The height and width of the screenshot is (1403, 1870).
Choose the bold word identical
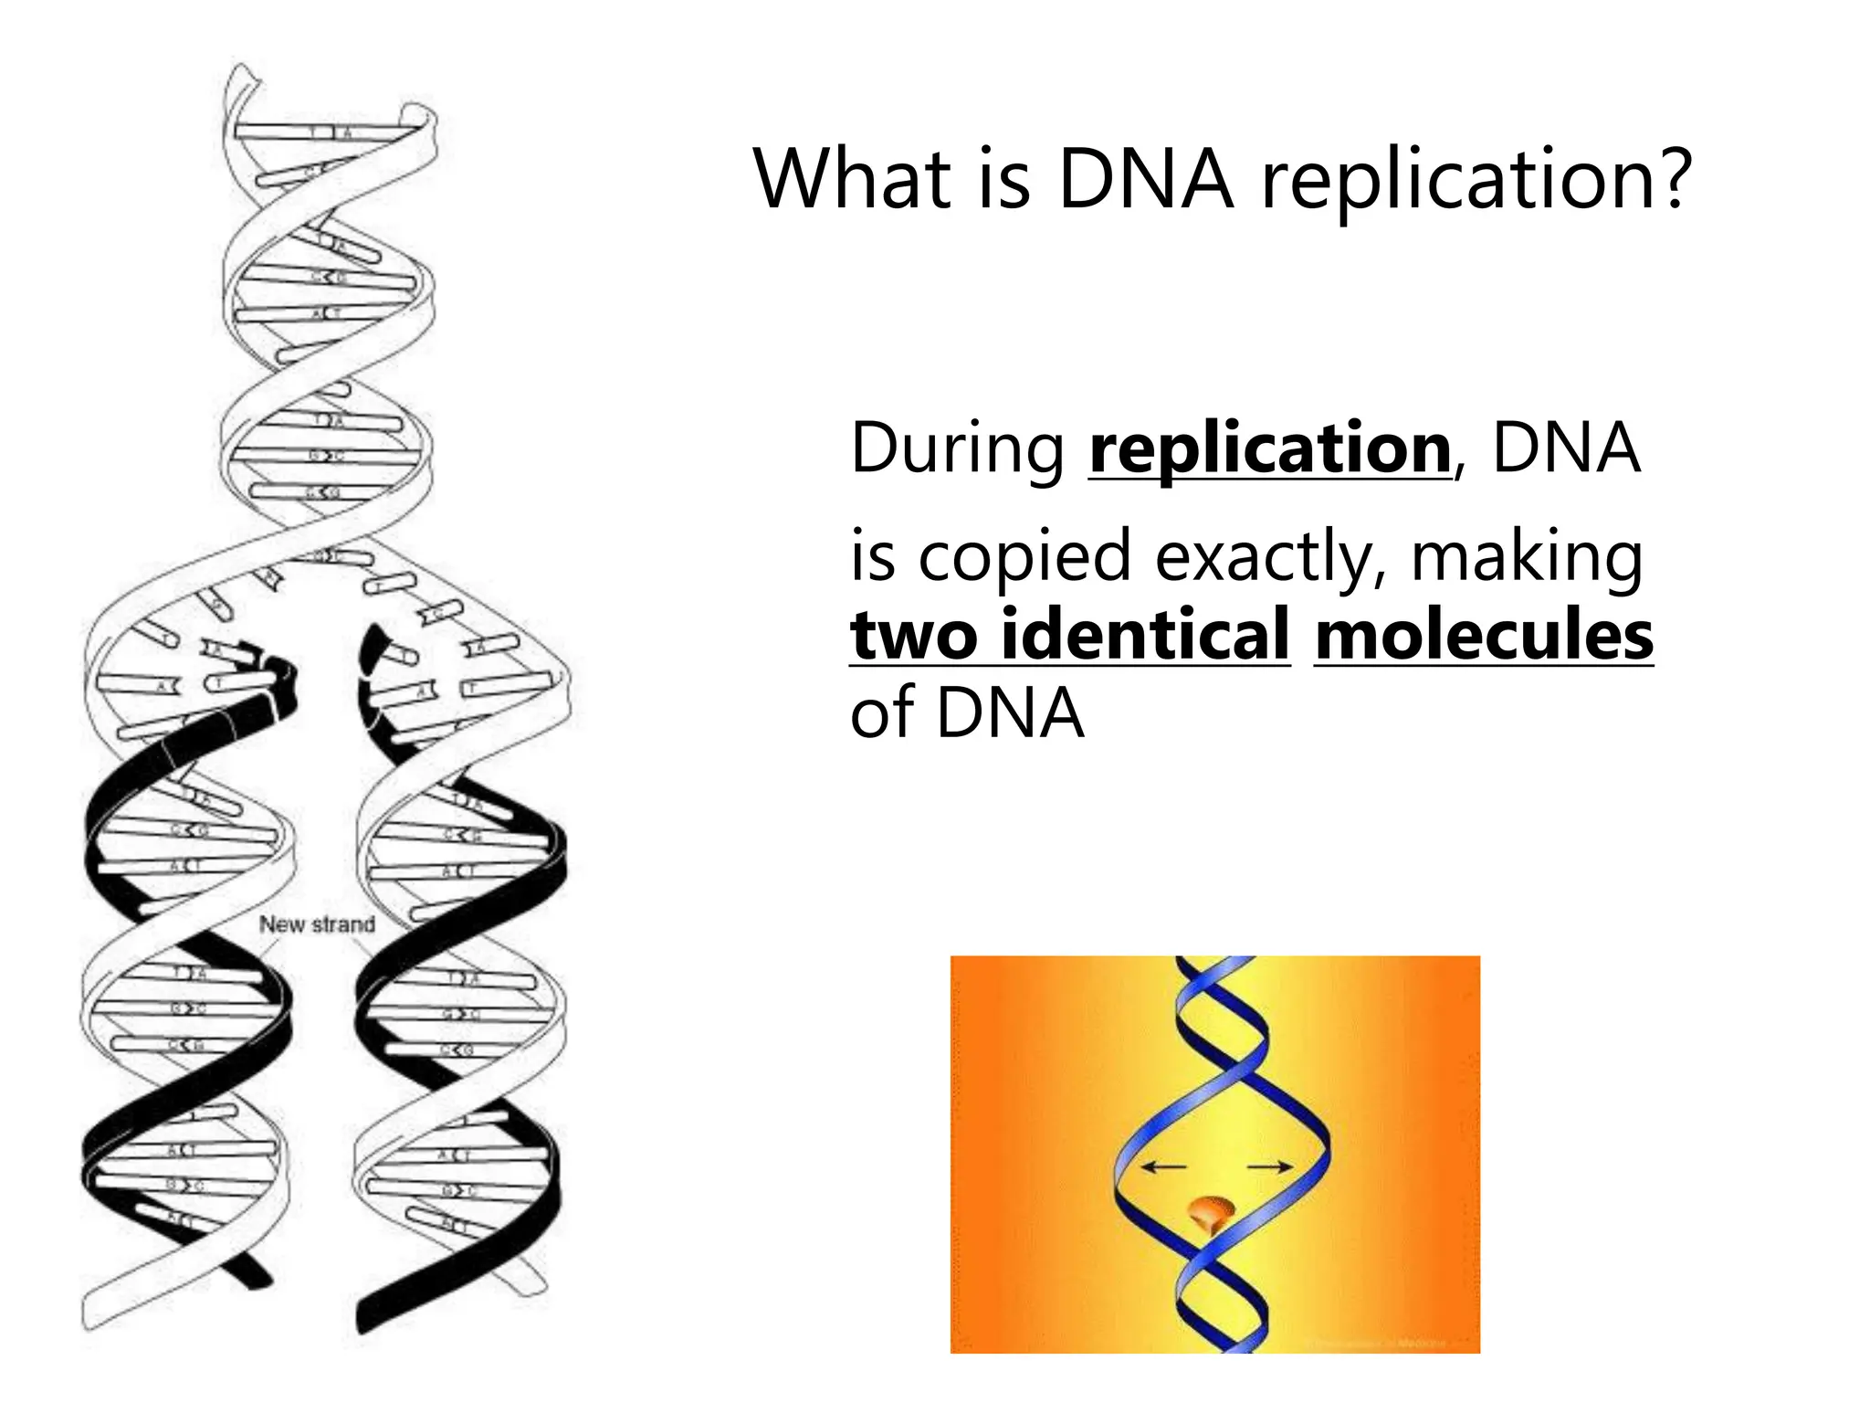(1145, 635)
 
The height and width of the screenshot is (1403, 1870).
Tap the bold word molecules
(1484, 635)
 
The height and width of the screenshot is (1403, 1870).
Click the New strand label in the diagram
(317, 924)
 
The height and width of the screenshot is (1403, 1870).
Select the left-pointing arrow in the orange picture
(1164, 1166)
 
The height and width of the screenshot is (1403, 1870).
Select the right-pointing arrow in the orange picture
(1270, 1166)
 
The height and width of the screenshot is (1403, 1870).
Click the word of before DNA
(882, 713)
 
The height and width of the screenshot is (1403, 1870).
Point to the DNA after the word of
(1010, 713)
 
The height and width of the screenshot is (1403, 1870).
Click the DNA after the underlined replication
(1565, 448)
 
